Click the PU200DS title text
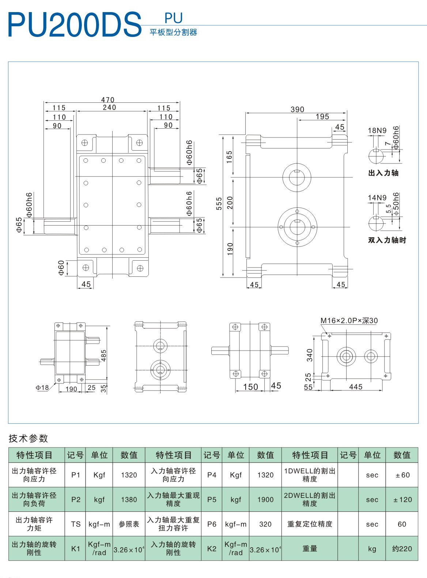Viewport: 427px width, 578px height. click(74, 25)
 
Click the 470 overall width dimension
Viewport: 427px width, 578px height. click(108, 100)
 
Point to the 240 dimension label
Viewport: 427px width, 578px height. click(109, 107)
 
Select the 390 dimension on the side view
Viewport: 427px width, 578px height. click(297, 109)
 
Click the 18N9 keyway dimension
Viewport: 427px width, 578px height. click(377, 131)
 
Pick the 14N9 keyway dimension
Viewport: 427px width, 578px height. click(377, 198)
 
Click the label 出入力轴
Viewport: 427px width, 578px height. click(383, 173)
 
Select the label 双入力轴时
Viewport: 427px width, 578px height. click(387, 240)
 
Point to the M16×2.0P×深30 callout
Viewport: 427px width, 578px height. click(349, 321)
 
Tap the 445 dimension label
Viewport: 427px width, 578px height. click(355, 387)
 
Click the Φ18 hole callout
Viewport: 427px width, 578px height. click(42, 388)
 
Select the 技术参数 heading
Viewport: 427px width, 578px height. click(29, 438)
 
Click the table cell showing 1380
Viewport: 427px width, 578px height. click(129, 499)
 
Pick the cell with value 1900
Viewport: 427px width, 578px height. click(265, 499)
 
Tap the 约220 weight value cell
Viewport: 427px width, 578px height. click(402, 548)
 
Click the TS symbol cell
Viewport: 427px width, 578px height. click(76, 524)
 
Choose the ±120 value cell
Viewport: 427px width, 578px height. click(402, 499)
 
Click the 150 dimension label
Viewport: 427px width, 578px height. click(250, 387)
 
